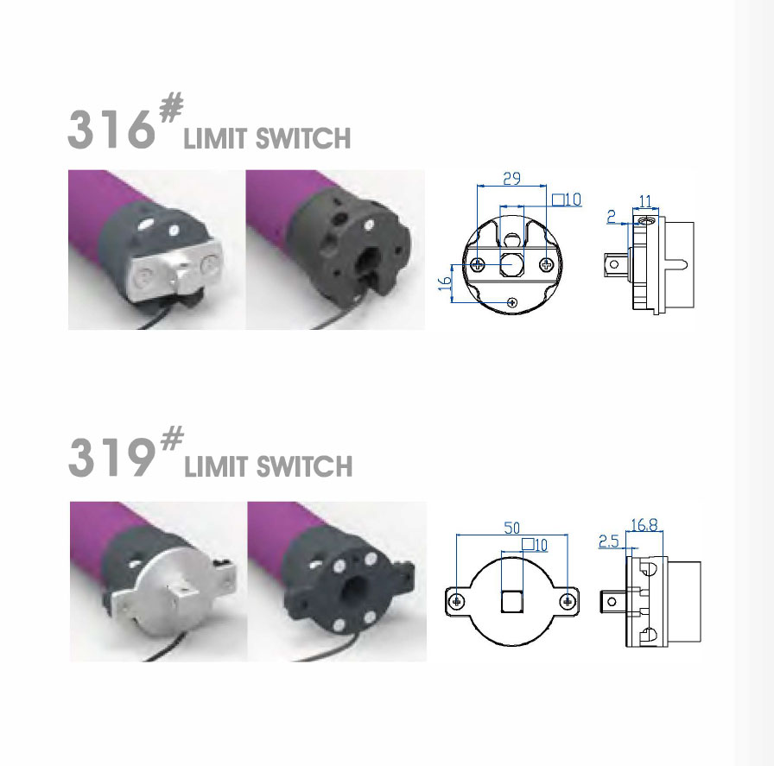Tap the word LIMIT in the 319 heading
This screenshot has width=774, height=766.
[x=218, y=467]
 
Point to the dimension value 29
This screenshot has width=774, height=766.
[x=511, y=178]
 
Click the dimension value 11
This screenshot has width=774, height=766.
[x=645, y=201]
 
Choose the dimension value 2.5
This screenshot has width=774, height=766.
[x=607, y=541]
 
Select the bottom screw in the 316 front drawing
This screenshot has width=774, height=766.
[x=513, y=301]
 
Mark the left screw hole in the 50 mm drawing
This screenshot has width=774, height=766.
[x=459, y=600]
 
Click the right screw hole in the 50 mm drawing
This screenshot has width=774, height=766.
[x=567, y=600]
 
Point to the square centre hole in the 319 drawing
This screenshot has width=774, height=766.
[x=512, y=599]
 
